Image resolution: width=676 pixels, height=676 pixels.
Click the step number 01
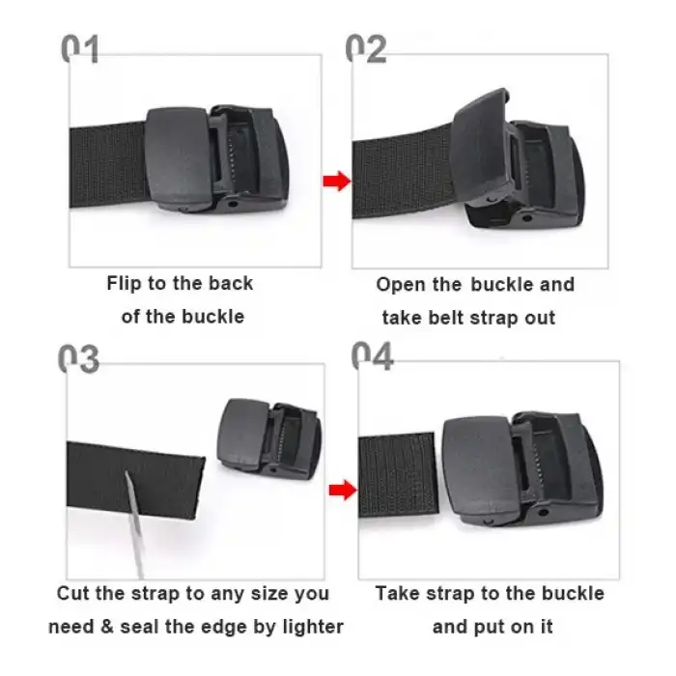pos(81,48)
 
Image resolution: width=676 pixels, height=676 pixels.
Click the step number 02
pos(366,48)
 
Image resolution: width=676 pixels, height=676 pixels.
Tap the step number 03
pos(78,358)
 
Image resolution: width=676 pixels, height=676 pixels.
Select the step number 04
pos(372,356)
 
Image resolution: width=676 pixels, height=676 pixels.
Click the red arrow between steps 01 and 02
pos(336,181)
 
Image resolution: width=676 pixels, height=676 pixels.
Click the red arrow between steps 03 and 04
pos(337,491)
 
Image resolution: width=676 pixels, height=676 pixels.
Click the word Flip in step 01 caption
pos(124,283)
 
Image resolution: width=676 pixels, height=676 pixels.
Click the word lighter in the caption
pos(311,626)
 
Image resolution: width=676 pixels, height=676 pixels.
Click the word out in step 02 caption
pos(538,317)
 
